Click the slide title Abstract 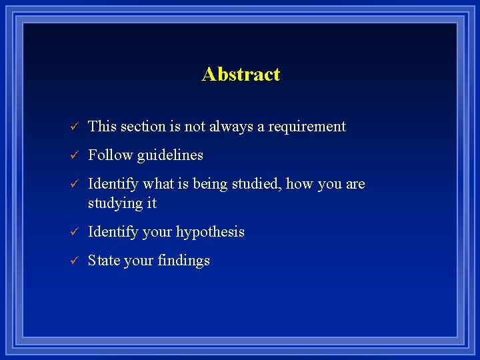pos(241,74)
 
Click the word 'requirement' pos(307,127)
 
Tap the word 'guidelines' pos(170,155)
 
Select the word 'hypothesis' pos(210,232)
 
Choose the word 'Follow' pos(110,155)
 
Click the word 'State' pos(103,261)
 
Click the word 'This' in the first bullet pos(101,127)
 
